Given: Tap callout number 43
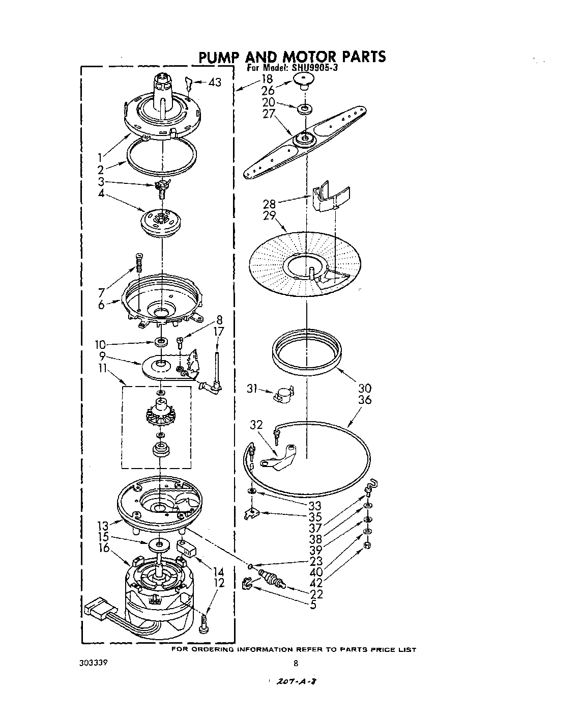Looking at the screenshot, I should point(215,82).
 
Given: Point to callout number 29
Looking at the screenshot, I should point(269,216).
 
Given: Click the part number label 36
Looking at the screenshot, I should point(365,400).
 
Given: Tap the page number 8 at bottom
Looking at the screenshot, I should point(296,663).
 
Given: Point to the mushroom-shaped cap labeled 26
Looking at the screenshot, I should point(303,80).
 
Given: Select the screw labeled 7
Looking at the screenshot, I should point(138,263).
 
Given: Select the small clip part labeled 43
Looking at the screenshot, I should point(188,83).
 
